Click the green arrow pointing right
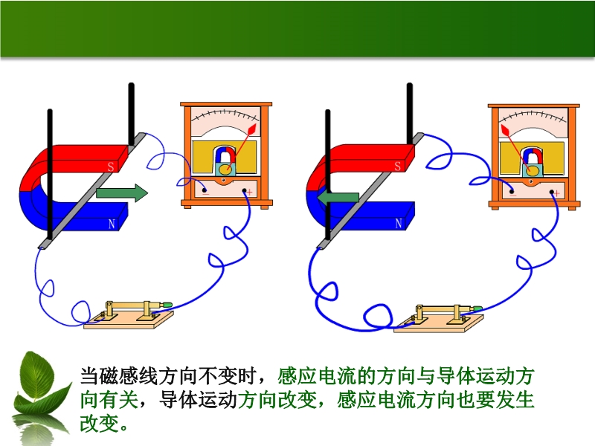[x=122, y=193]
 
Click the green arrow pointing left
[x=338, y=198]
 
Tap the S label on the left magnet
[x=111, y=167]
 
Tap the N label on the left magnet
[x=112, y=224]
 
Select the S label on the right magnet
[x=398, y=166]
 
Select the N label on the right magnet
[x=399, y=224]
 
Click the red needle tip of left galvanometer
[x=253, y=128]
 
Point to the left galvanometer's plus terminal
[x=244, y=190]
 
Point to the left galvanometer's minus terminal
[x=204, y=190]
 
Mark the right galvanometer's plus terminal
[x=551, y=192]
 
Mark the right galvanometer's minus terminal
[x=512, y=191]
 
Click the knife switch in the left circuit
[x=128, y=315]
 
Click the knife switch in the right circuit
[x=439, y=319]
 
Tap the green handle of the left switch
[x=166, y=305]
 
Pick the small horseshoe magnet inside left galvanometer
[x=225, y=155]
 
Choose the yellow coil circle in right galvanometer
[x=533, y=170]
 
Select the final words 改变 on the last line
[x=99, y=423]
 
